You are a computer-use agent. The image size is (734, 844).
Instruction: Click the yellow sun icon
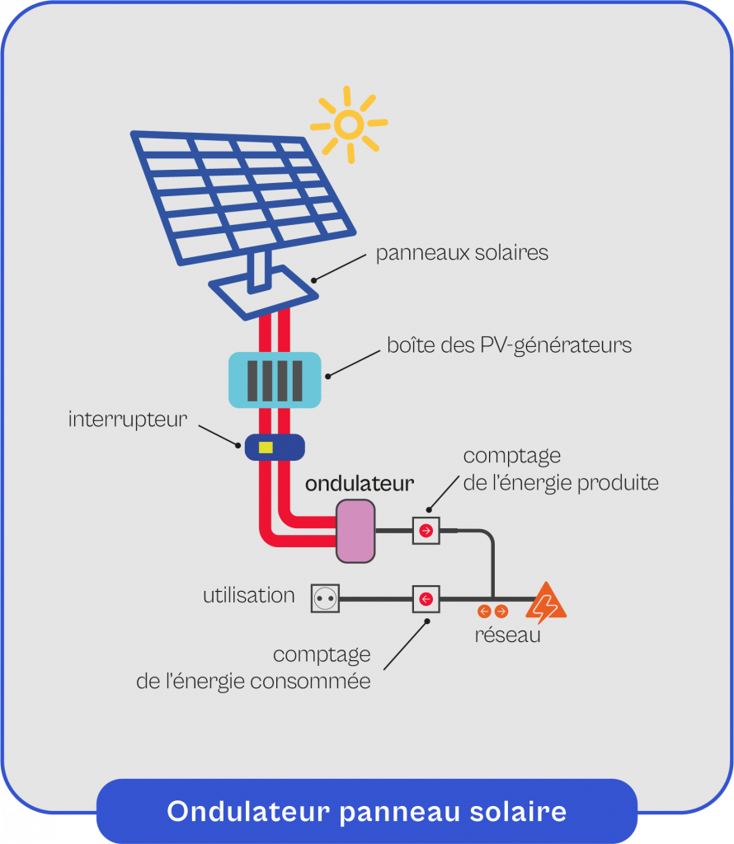point(349,124)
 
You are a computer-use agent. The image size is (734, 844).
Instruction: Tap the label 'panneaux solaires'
point(462,252)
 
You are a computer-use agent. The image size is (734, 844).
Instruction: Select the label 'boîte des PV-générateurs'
point(509,345)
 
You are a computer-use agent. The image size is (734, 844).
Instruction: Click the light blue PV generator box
point(274,380)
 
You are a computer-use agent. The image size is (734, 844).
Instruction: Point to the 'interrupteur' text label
point(128,420)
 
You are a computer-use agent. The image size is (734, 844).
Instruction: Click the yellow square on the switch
point(266,448)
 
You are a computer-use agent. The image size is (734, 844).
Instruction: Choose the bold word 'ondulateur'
point(360,483)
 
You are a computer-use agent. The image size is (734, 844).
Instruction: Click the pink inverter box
point(355,531)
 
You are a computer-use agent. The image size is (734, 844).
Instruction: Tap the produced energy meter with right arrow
point(426,531)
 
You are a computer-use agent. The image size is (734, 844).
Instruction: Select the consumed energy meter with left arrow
point(426,598)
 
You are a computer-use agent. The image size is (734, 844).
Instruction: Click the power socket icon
point(325,598)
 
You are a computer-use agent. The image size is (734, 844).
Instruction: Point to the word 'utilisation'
point(249,595)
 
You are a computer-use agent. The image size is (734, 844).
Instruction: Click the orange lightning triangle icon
point(546,603)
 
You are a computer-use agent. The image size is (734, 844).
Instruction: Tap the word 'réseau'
point(507,635)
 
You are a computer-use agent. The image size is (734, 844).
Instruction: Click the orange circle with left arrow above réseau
point(484,612)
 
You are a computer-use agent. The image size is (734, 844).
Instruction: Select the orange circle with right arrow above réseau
point(501,612)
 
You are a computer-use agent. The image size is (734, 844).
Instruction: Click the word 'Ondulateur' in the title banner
point(249,811)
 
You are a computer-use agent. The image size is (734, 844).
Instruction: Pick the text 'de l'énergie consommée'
point(253,682)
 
